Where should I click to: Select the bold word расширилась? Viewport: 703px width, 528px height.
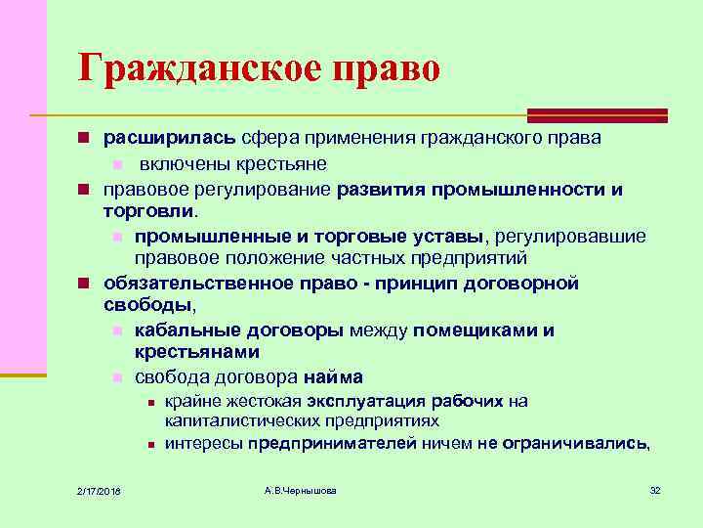(x=157, y=139)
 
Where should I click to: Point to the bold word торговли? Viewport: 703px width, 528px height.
(x=148, y=210)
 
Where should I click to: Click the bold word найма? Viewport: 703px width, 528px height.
(x=333, y=376)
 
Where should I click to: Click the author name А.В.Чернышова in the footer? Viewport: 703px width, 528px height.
(x=300, y=489)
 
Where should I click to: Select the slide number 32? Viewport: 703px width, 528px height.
(x=655, y=489)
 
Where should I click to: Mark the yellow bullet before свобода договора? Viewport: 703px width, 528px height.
(x=116, y=377)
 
